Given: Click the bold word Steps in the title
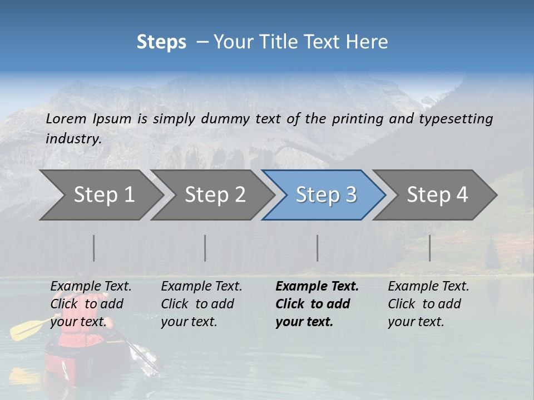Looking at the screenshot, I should (x=161, y=42).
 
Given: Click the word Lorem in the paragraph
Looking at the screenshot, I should (x=66, y=118).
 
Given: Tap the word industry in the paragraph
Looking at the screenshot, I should (x=73, y=139).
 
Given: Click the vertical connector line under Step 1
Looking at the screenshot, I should (x=94, y=248).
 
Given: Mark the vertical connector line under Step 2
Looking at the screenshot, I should (x=205, y=248).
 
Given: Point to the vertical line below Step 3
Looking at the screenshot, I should (x=318, y=248).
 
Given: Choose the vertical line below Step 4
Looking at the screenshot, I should (x=430, y=248).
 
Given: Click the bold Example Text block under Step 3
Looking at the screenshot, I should (x=317, y=304).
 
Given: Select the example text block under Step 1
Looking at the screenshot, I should (x=91, y=304).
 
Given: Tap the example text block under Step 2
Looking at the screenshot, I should (x=201, y=304).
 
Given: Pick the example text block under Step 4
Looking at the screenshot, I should (x=428, y=304).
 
